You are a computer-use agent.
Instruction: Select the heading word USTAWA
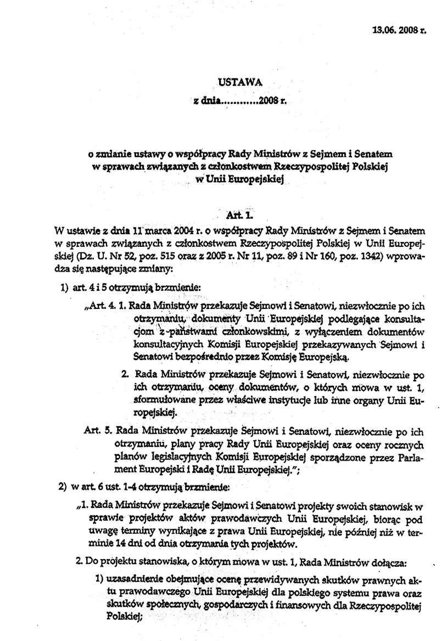[240, 82]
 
